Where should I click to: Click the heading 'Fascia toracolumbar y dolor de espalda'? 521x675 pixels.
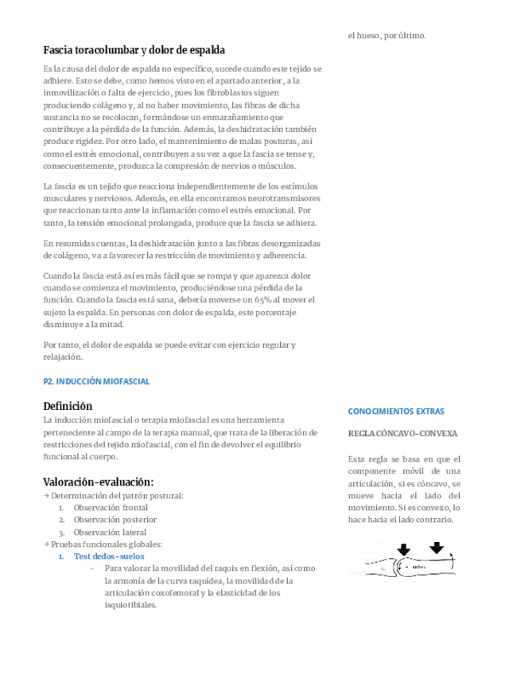(134, 50)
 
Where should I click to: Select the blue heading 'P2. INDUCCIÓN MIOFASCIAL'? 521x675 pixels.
(96, 381)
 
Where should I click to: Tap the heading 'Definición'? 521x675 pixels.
(68, 406)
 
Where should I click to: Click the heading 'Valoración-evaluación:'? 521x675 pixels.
(98, 482)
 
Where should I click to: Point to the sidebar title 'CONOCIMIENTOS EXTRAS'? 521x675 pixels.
(396, 412)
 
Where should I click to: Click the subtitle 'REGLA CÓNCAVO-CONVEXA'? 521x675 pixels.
(402, 434)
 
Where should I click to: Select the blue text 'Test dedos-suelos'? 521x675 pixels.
(109, 556)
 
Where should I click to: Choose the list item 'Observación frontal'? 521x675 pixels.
(111, 507)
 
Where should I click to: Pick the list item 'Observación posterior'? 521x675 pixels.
(115, 520)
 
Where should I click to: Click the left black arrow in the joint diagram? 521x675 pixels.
(403, 549)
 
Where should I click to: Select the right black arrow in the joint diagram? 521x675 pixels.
(437, 548)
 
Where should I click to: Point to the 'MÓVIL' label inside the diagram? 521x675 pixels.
(419, 568)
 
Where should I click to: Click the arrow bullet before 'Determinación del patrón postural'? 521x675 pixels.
(46, 495)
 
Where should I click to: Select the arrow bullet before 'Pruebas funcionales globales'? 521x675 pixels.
(46, 544)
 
